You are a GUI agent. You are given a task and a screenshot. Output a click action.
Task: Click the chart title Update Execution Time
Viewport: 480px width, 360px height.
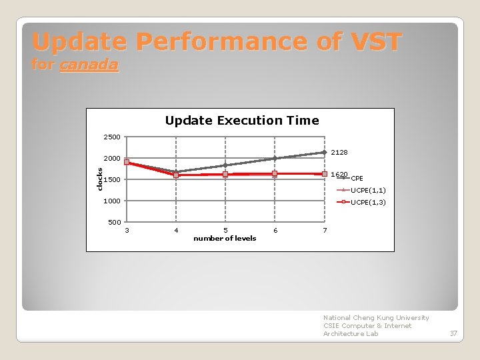click(241, 121)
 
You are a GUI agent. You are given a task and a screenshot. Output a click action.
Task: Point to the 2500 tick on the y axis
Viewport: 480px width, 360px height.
click(112, 137)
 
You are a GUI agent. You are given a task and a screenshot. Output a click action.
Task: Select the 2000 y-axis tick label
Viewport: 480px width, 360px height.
click(112, 159)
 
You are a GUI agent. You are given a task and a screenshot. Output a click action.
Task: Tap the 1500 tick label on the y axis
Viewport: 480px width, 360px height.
click(112, 180)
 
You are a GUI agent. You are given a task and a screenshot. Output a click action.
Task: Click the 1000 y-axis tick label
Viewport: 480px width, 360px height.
click(112, 201)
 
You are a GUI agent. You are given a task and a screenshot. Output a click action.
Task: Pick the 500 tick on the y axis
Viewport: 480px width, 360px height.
click(114, 223)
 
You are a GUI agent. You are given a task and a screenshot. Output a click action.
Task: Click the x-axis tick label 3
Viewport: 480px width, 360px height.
click(127, 231)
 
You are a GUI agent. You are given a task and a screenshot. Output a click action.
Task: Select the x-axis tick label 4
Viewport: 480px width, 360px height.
click(176, 231)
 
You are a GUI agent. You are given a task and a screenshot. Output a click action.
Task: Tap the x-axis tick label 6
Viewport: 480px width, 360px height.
click(275, 231)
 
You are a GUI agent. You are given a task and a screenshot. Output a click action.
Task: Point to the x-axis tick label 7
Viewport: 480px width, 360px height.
click(325, 231)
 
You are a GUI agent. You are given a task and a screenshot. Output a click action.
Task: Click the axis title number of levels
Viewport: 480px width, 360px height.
click(225, 238)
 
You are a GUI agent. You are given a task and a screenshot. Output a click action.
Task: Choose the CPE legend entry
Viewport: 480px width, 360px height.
click(357, 179)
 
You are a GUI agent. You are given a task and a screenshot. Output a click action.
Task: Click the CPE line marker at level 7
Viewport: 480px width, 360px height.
click(325, 153)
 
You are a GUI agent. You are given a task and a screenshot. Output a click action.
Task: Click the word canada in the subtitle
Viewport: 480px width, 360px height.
click(89, 65)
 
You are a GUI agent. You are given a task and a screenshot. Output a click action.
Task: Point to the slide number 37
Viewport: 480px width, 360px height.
click(453, 333)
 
